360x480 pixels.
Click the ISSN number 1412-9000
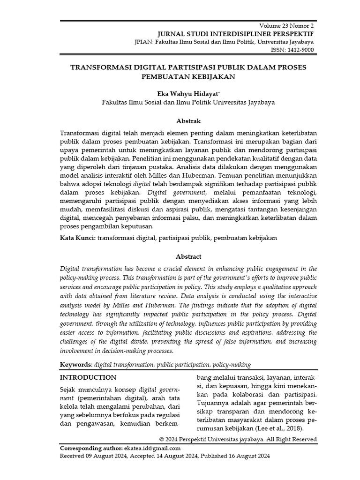tap(302, 50)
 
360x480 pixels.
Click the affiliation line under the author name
tap(188, 102)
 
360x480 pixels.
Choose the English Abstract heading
tap(188, 256)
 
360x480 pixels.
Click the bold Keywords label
tap(76, 364)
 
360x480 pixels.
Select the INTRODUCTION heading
tap(89, 377)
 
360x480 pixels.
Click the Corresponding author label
tap(91, 449)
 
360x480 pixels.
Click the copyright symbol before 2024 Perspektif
tap(162, 440)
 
